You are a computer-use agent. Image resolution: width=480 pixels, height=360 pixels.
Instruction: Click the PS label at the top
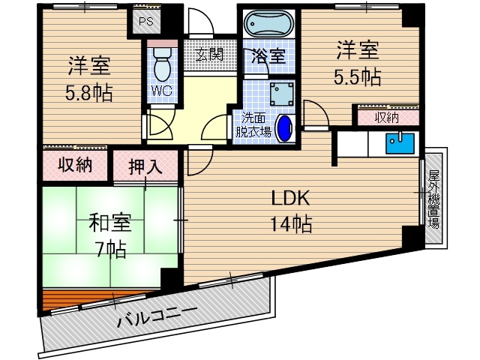[145, 21]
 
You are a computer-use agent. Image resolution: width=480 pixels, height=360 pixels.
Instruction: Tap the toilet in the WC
[160, 67]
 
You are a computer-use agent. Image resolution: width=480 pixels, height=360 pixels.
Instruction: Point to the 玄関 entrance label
[210, 54]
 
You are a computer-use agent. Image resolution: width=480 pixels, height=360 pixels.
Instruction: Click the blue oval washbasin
[286, 127]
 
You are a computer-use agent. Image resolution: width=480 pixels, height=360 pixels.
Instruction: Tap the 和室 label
[110, 222]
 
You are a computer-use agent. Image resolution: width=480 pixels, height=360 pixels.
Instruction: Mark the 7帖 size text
[110, 247]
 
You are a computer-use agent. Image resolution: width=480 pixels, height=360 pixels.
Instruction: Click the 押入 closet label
[145, 166]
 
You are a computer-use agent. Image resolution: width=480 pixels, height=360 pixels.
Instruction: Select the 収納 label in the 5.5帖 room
[387, 118]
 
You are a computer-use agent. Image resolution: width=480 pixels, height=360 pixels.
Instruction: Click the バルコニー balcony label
[157, 319]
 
